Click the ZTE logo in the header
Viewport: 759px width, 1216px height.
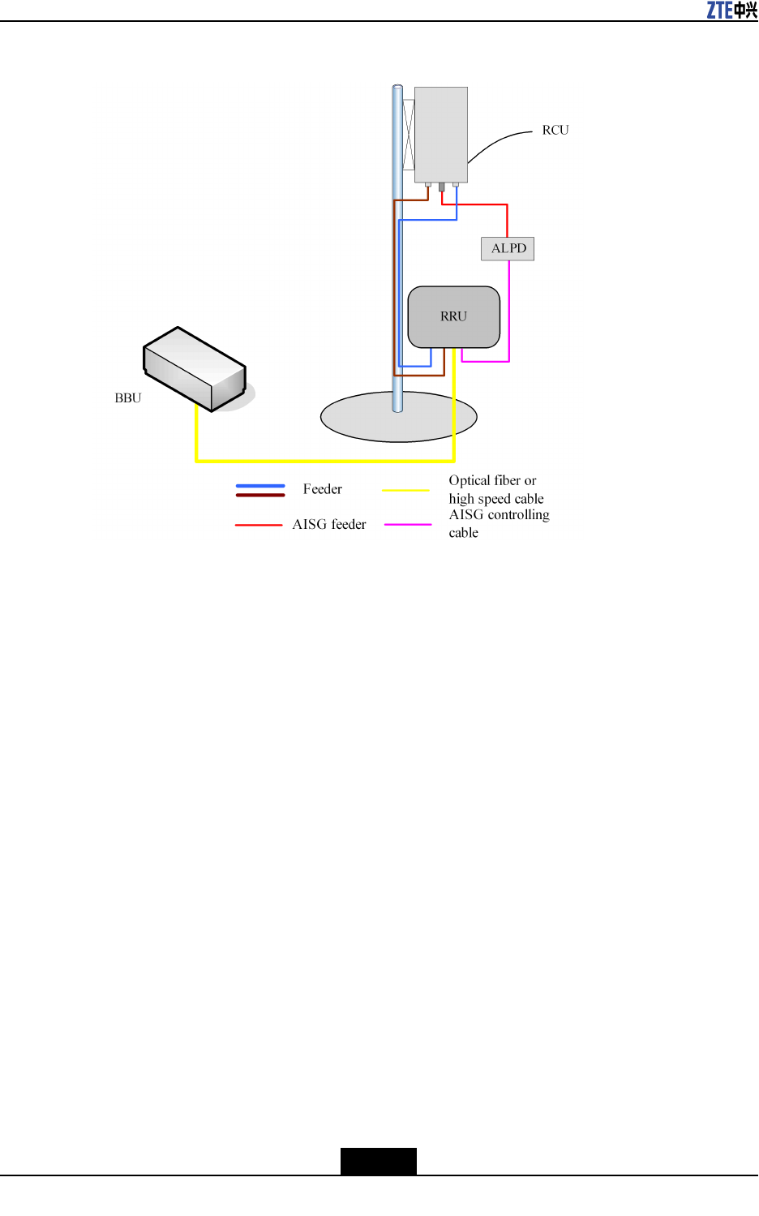click(x=731, y=10)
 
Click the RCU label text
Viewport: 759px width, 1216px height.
click(x=555, y=130)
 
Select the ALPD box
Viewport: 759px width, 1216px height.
click(x=508, y=248)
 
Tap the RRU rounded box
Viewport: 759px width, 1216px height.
click(x=453, y=316)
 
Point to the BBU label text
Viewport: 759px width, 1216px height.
click(x=128, y=398)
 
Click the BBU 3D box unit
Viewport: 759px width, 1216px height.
click(x=195, y=369)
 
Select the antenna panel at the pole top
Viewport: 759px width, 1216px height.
click(x=440, y=134)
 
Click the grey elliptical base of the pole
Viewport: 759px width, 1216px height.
click(x=357, y=418)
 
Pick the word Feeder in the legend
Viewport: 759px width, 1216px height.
click(x=323, y=489)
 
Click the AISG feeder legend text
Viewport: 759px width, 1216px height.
click(x=329, y=525)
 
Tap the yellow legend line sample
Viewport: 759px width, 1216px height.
click(x=405, y=490)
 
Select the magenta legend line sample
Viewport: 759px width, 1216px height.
click(x=408, y=525)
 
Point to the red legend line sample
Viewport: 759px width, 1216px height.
click(x=259, y=525)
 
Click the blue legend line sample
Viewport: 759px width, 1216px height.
click(x=260, y=486)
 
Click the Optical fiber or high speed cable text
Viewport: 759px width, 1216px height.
click(x=495, y=490)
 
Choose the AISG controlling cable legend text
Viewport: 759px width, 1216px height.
click(x=499, y=524)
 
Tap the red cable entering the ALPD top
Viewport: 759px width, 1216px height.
click(x=507, y=221)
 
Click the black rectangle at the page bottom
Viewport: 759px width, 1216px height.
click(x=378, y=1161)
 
